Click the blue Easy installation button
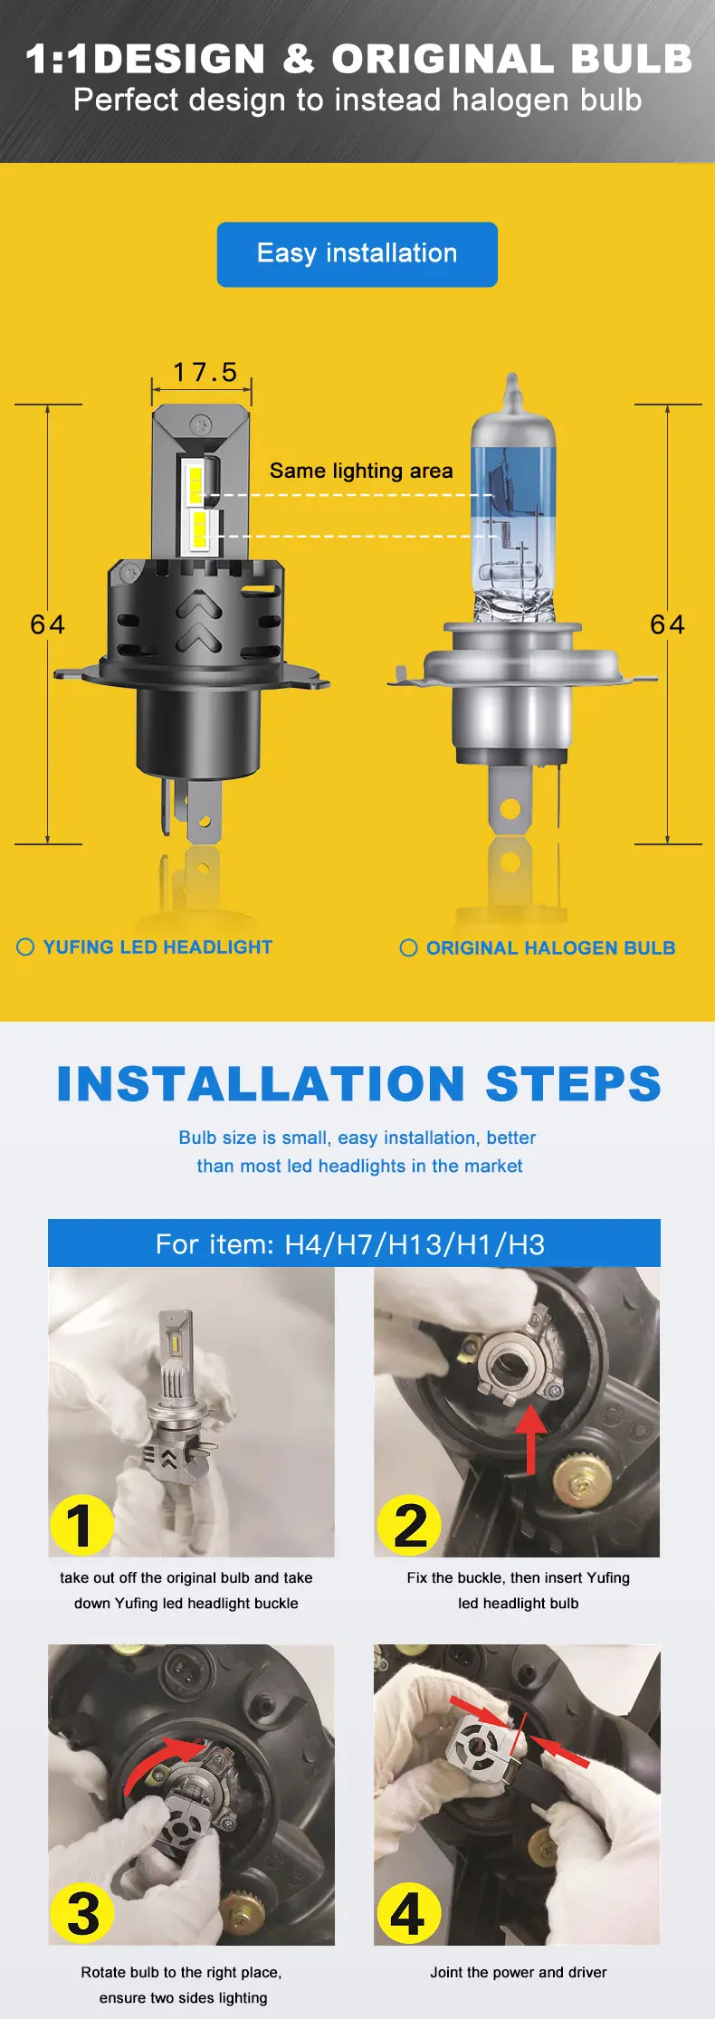pyautogui.click(x=357, y=254)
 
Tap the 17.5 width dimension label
pyautogui.click(x=205, y=372)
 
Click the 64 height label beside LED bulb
pyautogui.click(x=47, y=624)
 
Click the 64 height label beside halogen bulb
pyautogui.click(x=667, y=624)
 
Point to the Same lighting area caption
pyautogui.click(x=361, y=471)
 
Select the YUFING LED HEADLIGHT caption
pyautogui.click(x=157, y=947)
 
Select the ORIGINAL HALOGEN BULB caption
pyautogui.click(x=551, y=948)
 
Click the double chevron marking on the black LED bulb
pyautogui.click(x=199, y=622)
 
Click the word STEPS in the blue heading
pyautogui.click(x=574, y=1083)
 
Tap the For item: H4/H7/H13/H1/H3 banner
pyautogui.click(x=354, y=1243)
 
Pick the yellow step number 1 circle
pyautogui.click(x=81, y=1525)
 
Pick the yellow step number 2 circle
pyautogui.click(x=409, y=1525)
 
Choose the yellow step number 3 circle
pyautogui.click(x=83, y=1914)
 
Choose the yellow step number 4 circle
pyautogui.click(x=408, y=1914)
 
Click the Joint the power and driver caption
pyautogui.click(x=519, y=1972)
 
